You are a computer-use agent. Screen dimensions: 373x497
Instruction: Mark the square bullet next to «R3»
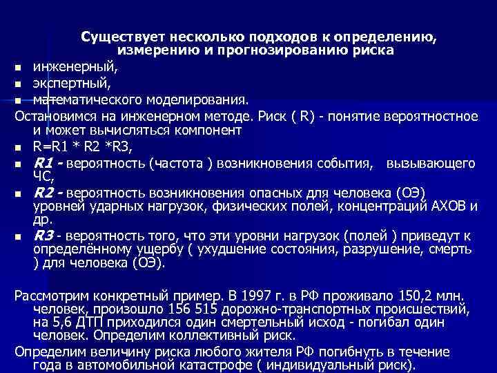tap(19, 235)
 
